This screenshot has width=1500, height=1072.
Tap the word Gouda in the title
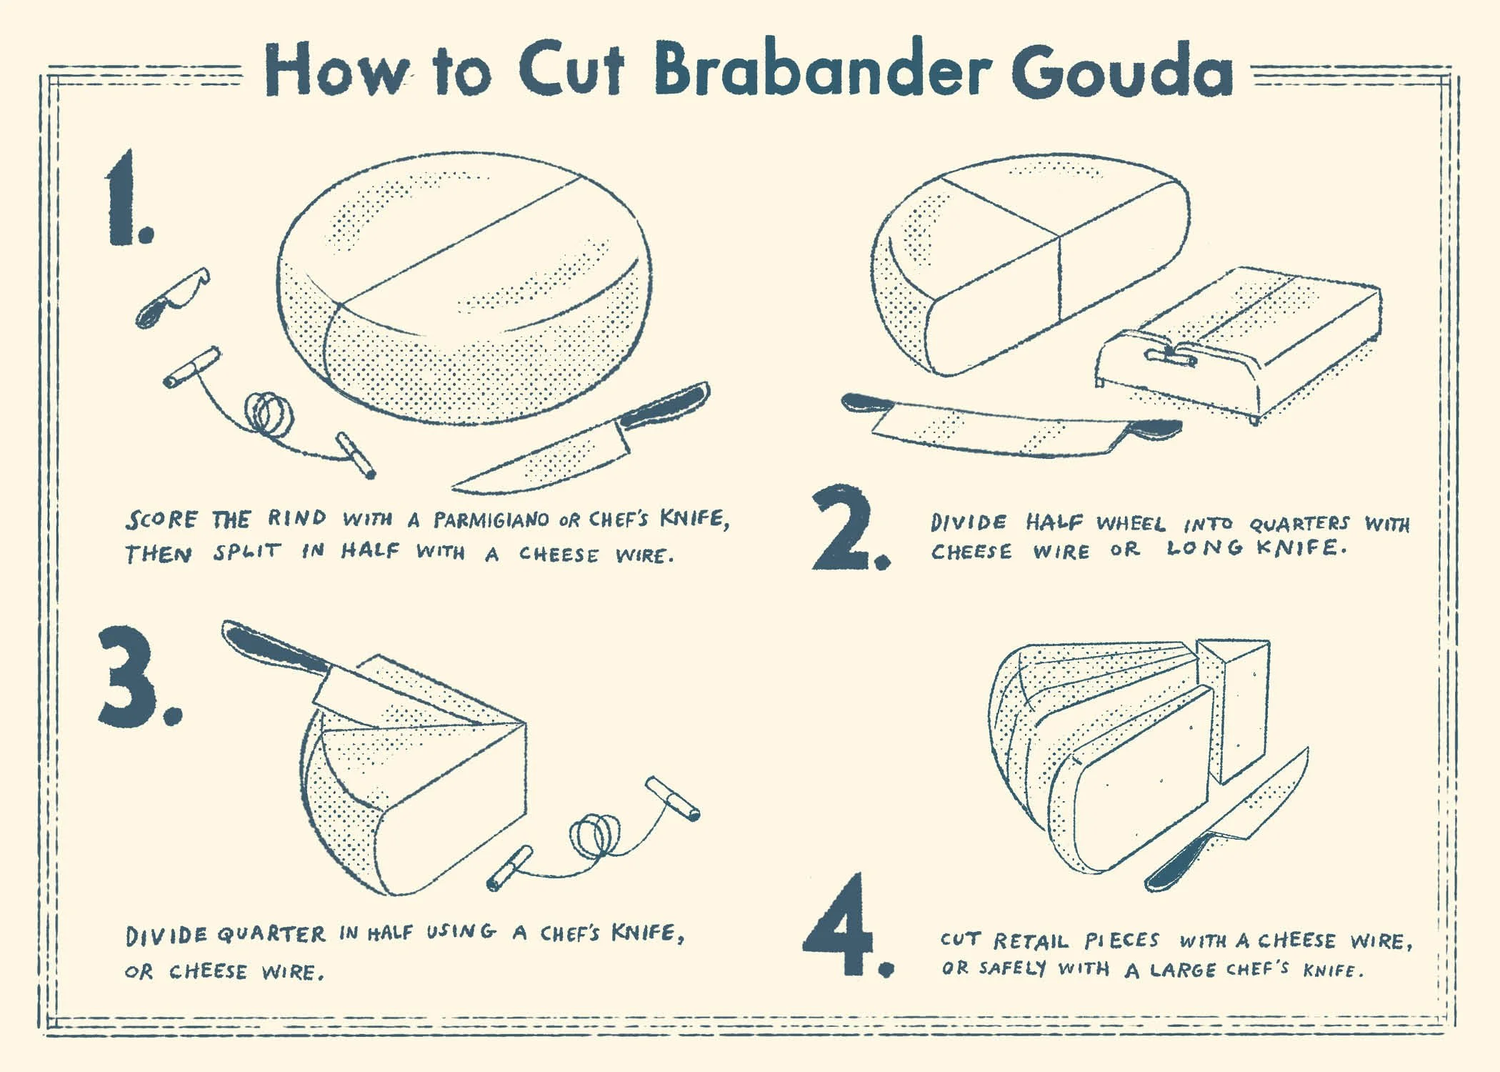coord(1121,71)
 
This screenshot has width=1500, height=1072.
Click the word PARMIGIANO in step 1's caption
coord(491,520)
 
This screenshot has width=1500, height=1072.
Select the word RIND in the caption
coord(297,517)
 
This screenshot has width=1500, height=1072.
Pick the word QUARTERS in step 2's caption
coord(1299,524)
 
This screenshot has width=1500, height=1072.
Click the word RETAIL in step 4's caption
coord(1030,941)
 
